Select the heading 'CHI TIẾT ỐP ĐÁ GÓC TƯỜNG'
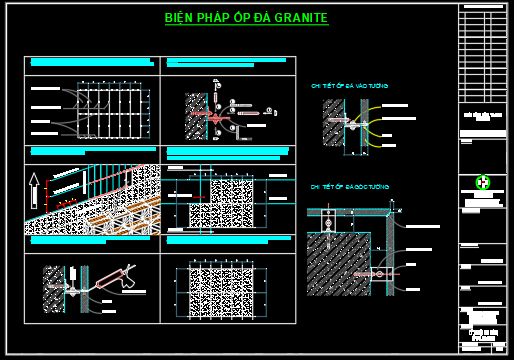(x=349, y=187)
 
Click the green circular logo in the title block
(x=483, y=182)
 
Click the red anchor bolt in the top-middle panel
(x=215, y=118)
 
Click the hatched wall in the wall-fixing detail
(x=333, y=122)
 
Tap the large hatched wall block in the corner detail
(x=337, y=263)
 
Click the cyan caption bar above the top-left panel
(x=90, y=62)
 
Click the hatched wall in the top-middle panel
(x=195, y=117)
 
